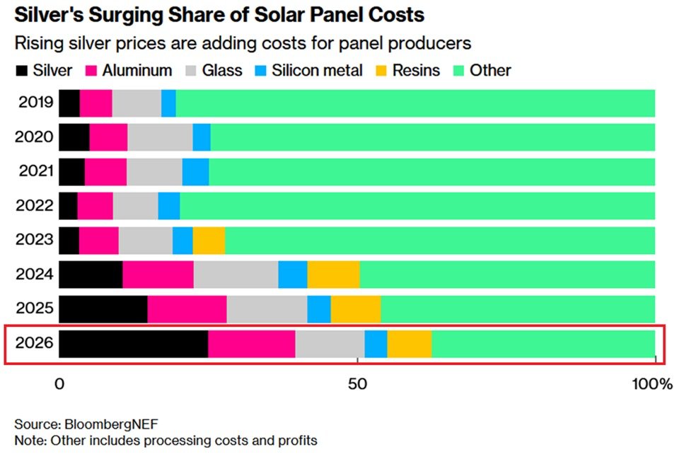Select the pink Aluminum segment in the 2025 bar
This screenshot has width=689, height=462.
(x=187, y=309)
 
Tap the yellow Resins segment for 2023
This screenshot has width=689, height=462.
(x=209, y=241)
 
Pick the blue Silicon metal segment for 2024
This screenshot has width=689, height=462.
(x=292, y=275)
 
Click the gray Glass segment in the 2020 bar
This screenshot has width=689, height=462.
(x=160, y=136)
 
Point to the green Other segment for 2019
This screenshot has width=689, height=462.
(x=415, y=103)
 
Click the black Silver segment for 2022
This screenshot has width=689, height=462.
(x=68, y=205)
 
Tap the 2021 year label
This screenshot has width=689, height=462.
(x=34, y=171)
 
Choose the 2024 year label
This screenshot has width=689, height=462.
(x=34, y=275)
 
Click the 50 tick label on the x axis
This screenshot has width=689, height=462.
(x=358, y=385)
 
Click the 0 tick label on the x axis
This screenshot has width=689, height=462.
(x=60, y=385)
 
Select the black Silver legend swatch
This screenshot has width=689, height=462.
(x=21, y=70)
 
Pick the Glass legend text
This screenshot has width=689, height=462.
(x=222, y=70)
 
